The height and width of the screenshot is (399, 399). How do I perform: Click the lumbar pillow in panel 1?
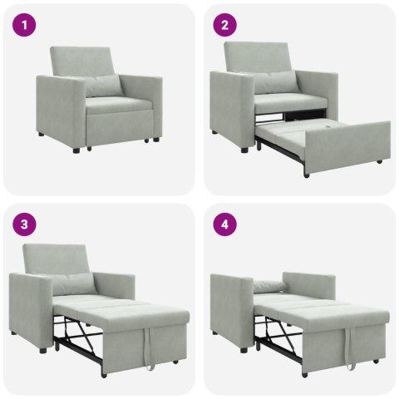[x=104, y=86]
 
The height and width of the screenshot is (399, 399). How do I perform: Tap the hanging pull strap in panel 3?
[x=147, y=350]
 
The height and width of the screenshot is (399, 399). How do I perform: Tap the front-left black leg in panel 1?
[x=77, y=150]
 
